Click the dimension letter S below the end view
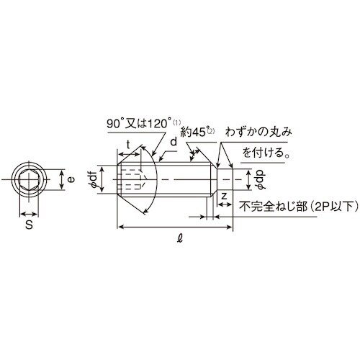coord(28,225)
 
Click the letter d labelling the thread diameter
coord(174,143)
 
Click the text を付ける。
coord(266,153)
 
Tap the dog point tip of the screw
coord(223,178)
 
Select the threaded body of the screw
coord(180,178)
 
